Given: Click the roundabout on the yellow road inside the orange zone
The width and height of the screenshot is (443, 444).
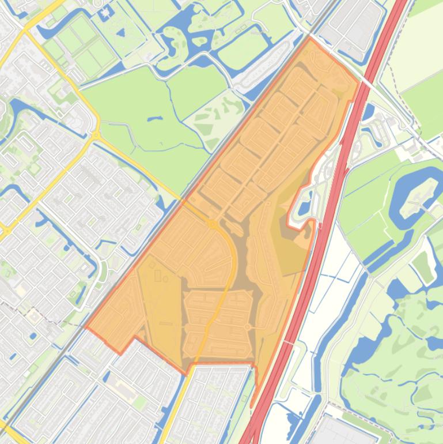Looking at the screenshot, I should coord(212,224).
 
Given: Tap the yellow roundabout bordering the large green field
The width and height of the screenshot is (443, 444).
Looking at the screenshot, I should coord(95,136).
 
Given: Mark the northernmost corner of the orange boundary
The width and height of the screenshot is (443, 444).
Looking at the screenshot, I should coord(311,38).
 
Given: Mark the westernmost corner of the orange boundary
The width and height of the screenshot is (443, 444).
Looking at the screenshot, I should coord(86,327).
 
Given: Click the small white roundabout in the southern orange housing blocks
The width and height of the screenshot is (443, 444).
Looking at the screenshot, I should coord(247,327).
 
